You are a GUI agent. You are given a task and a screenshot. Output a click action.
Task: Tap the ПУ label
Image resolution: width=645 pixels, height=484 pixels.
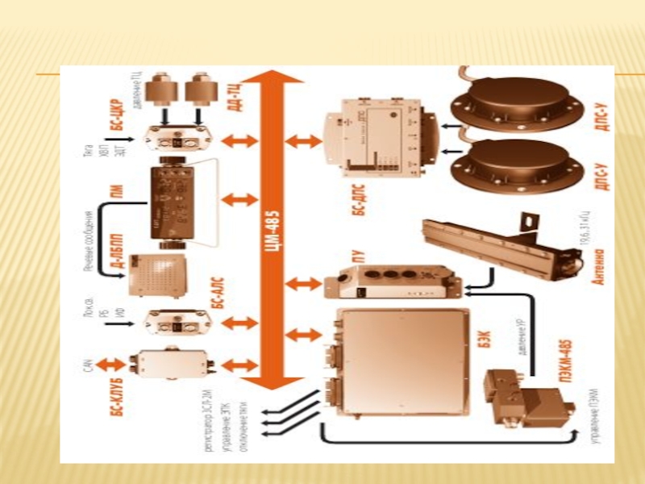click(x=360, y=260)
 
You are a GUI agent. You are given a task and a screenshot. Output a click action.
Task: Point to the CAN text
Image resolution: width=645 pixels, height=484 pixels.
click(x=89, y=370)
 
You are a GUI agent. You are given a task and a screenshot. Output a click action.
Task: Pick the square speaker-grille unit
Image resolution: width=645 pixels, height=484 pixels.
click(x=158, y=274)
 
